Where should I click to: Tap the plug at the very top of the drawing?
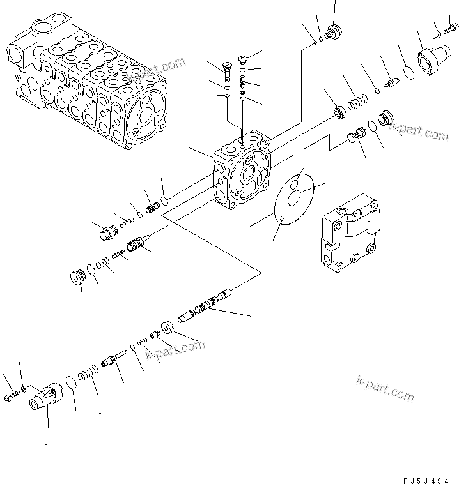[x=332, y=31]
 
